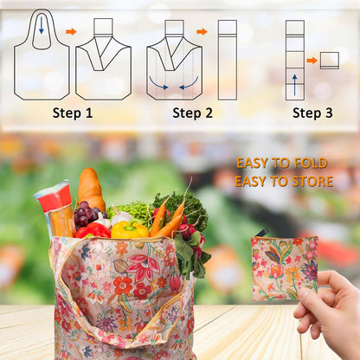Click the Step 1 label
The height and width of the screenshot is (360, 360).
pyautogui.click(x=72, y=112)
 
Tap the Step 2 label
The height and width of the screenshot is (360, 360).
pyautogui.click(x=191, y=112)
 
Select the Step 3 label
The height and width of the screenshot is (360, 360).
pyautogui.click(x=312, y=112)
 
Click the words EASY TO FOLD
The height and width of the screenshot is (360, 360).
pyautogui.click(x=283, y=163)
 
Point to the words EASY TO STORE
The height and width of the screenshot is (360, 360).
pyautogui.click(x=283, y=182)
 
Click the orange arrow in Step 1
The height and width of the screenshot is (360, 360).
pyautogui.click(x=71, y=32)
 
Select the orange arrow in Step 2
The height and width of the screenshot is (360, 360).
pyautogui.click(x=202, y=32)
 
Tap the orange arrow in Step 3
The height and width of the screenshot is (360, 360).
pyautogui.click(x=312, y=61)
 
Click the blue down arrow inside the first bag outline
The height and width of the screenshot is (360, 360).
pyautogui.click(x=41, y=26)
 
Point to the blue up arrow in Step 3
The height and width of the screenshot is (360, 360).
pyautogui.click(x=294, y=84)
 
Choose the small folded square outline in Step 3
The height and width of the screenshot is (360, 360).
pyautogui.click(x=329, y=61)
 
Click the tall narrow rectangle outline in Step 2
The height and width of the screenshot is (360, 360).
pyautogui.click(x=228, y=59)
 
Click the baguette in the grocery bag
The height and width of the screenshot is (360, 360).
pyautogui.click(x=91, y=190)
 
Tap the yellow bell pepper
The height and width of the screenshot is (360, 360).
pyautogui.click(x=129, y=230)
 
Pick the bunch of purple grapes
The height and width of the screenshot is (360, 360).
pyautogui.click(x=85, y=214)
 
